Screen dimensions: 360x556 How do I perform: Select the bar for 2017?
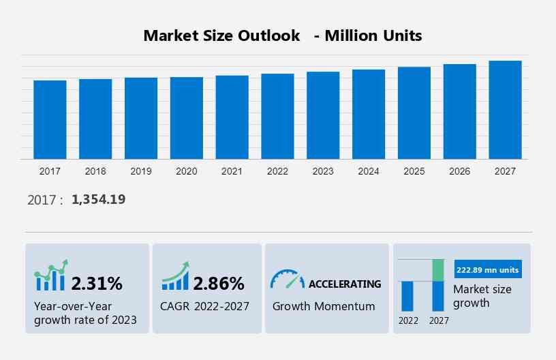pyautogui.click(x=50, y=120)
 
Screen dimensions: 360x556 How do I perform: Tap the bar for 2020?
pyautogui.click(x=187, y=118)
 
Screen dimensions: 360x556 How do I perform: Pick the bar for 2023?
pyautogui.click(x=323, y=115)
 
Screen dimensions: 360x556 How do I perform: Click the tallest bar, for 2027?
pyautogui.click(x=505, y=110)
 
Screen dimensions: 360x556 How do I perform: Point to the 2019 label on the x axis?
pyautogui.click(x=141, y=171)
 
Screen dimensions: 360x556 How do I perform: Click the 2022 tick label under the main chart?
pyautogui.click(x=277, y=171)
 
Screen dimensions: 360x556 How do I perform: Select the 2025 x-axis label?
pyautogui.click(x=414, y=171)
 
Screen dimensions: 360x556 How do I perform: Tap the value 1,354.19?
pyautogui.click(x=98, y=199)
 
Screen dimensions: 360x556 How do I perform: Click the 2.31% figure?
pyautogui.click(x=97, y=283)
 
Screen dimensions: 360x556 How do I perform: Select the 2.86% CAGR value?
pyautogui.click(x=218, y=283)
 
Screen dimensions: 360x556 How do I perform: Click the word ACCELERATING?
pyautogui.click(x=345, y=284)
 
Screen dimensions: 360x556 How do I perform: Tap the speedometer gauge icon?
pyautogui.click(x=287, y=279)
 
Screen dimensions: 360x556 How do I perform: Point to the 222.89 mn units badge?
pyautogui.click(x=486, y=270)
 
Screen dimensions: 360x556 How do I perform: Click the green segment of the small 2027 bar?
pyautogui.click(x=438, y=270)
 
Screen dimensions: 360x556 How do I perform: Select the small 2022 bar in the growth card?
pyautogui.click(x=407, y=296)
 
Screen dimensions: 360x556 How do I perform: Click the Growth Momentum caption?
pyautogui.click(x=324, y=306)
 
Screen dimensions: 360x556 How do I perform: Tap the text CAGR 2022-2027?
pyautogui.click(x=205, y=306)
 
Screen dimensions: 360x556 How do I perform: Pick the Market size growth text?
pyautogui.click(x=482, y=296)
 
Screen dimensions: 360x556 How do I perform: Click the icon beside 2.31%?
pyautogui.click(x=51, y=275)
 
